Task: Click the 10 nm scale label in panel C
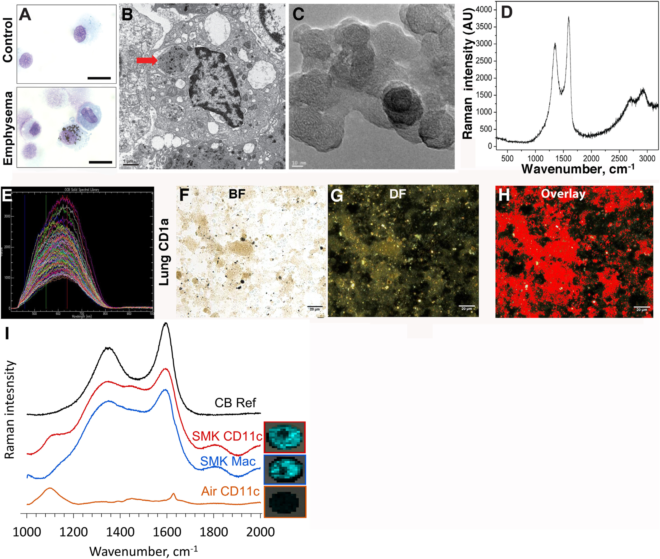pos(299,163)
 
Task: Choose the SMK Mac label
pos(227,461)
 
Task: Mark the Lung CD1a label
pos(164,252)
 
